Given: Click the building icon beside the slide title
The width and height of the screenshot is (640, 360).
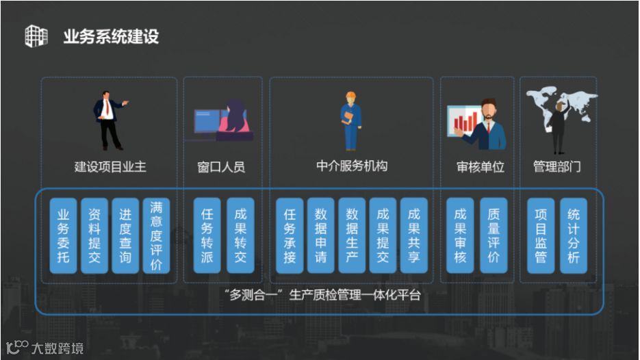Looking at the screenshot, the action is (x=36, y=36).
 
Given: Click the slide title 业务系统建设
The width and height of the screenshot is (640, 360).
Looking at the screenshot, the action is (x=111, y=36).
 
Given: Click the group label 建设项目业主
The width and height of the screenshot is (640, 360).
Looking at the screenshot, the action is (x=110, y=166).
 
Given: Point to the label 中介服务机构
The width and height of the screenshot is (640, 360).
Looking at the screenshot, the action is (x=352, y=166).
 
